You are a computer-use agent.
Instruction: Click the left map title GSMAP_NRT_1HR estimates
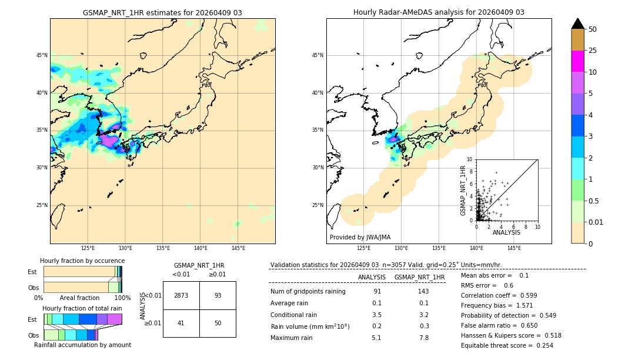162,12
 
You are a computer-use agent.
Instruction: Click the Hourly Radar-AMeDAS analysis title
439,12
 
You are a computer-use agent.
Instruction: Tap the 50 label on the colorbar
593,29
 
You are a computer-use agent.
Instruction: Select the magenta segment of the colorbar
577,61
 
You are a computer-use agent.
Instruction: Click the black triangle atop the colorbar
577,24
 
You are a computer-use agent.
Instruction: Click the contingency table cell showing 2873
181,295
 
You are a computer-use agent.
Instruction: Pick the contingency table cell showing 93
218,295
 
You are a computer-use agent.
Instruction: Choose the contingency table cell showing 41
181,323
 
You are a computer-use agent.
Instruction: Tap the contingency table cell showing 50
218,323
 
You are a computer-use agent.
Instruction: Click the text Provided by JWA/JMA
360,238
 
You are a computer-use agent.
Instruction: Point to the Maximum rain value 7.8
423,338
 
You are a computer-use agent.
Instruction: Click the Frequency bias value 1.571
516,306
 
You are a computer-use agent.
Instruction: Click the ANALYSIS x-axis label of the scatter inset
506,232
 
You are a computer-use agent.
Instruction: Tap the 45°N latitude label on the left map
42,55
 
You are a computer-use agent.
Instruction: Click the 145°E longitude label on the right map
514,248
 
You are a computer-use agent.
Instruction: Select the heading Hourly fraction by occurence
82,261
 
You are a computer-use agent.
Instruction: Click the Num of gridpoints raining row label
308,292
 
